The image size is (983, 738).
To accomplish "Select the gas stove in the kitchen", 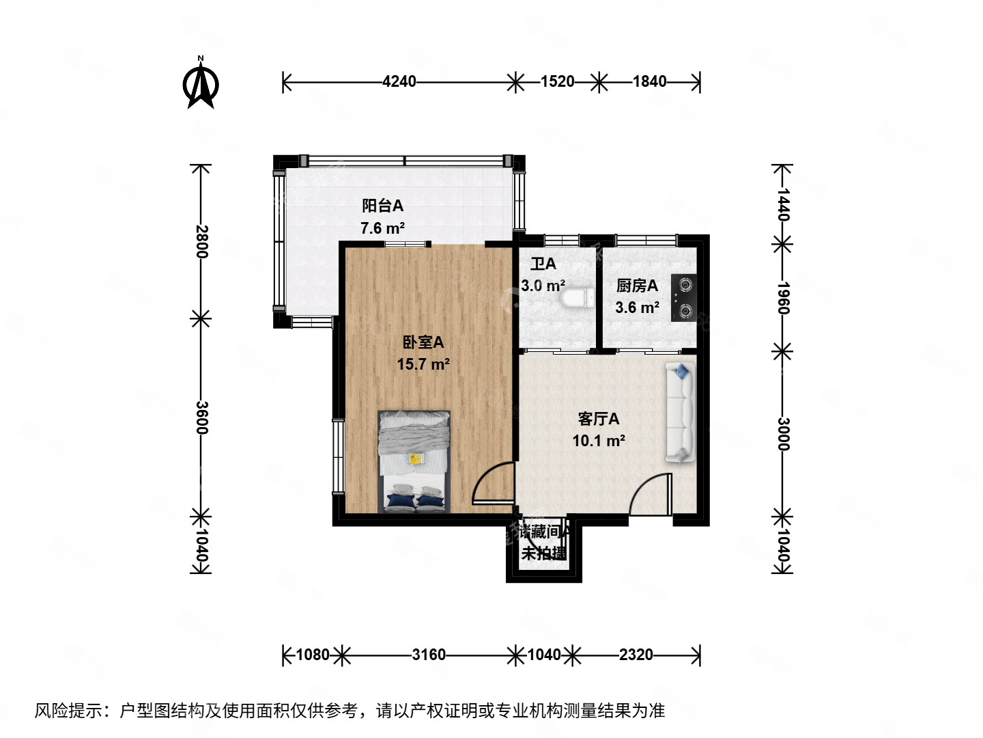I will [x=683, y=298].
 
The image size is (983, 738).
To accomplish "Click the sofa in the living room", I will [x=680, y=413].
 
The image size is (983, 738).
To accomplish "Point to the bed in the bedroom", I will [x=414, y=461].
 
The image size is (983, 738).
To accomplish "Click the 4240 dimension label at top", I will [x=399, y=82].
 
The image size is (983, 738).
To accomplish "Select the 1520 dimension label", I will [x=557, y=82].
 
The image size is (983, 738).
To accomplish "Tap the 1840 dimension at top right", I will [x=649, y=82].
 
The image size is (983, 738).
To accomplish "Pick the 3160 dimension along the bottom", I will [x=429, y=655].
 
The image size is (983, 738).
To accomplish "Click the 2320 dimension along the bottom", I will [x=636, y=655].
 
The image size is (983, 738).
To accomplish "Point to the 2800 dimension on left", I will [x=201, y=241].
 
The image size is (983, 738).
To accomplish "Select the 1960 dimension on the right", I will [x=783, y=298].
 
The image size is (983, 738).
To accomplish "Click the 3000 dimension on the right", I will [x=783, y=434].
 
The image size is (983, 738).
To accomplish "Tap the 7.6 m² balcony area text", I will [x=382, y=228].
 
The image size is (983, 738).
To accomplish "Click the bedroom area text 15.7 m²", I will [x=423, y=364].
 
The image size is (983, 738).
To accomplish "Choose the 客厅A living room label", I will [x=599, y=418].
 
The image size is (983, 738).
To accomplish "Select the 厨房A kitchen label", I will [x=637, y=285].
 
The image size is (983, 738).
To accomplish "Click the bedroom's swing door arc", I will [x=493, y=484].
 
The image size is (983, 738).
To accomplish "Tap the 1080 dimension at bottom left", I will [x=313, y=655].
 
